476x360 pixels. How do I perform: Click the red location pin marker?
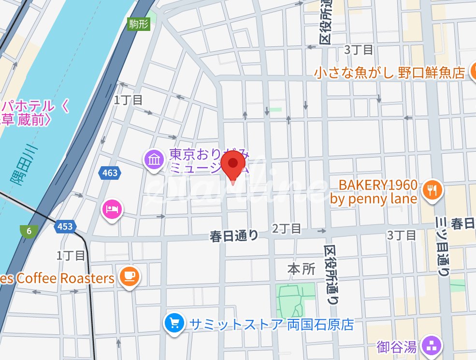233,164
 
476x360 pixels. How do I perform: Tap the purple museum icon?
154,159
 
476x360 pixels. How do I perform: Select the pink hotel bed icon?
112,209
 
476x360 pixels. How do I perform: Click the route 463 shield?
110,173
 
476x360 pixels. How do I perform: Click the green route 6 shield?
29,231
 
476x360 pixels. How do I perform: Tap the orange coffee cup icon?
128,276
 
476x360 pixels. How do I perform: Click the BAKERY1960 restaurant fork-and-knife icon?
432,190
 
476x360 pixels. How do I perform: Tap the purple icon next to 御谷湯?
431,346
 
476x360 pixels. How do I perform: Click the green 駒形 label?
138,24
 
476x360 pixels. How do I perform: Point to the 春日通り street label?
234,236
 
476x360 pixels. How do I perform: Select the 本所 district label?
301,269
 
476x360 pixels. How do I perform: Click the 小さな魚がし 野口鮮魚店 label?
389,72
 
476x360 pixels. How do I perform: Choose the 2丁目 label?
287,229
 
